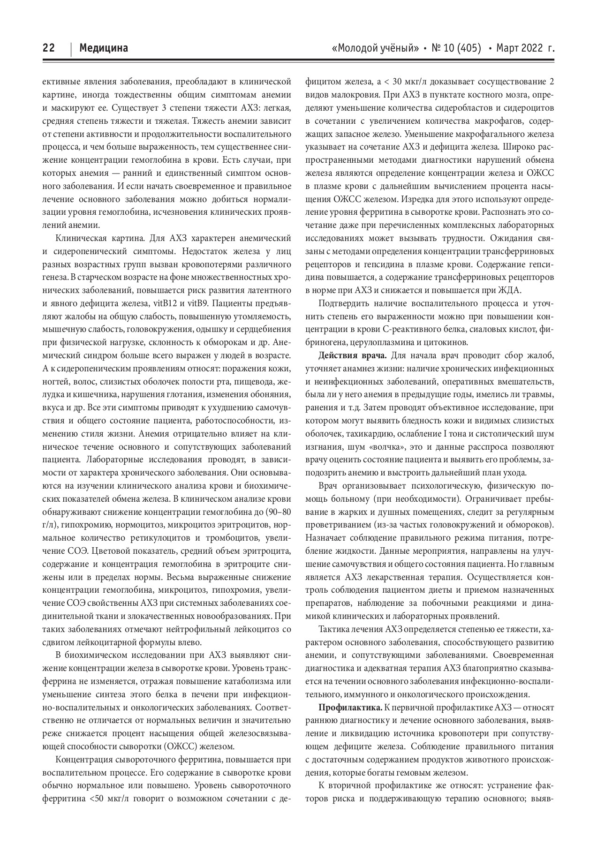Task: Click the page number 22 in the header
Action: click(x=49, y=48)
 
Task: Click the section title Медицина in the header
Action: click(x=104, y=48)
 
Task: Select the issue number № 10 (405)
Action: click(x=456, y=48)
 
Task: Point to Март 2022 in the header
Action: click(x=519, y=48)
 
